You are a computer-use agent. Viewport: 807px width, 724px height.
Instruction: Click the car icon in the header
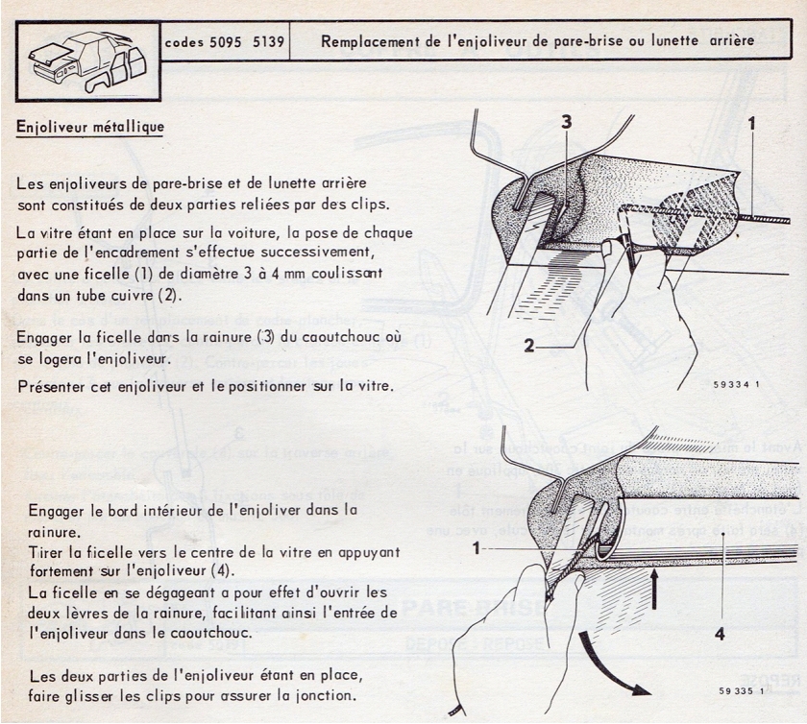pyautogui.click(x=85, y=60)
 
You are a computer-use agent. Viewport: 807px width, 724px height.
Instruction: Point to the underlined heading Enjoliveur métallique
pyautogui.click(x=90, y=127)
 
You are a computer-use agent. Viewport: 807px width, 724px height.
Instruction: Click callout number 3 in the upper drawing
pyautogui.click(x=568, y=122)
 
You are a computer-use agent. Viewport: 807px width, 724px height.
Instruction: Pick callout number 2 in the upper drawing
pyautogui.click(x=529, y=347)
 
